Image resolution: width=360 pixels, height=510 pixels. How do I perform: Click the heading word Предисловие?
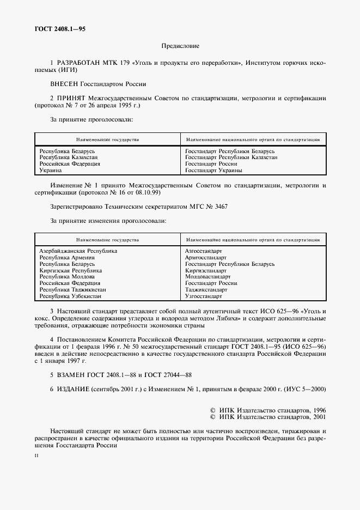[180, 47]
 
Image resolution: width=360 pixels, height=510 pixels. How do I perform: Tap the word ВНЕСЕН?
[64, 84]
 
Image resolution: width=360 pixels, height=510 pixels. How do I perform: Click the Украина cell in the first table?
[51, 171]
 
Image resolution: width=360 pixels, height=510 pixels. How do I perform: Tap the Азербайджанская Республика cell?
[78, 251]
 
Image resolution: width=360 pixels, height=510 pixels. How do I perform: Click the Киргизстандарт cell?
[205, 271]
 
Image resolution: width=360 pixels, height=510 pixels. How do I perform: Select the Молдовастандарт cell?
[208, 277]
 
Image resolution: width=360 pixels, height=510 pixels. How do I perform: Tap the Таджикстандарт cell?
[206, 290]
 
